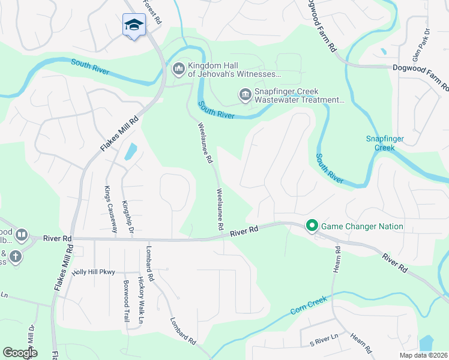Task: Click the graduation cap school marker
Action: (134, 25)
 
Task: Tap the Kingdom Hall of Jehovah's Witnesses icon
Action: (178, 70)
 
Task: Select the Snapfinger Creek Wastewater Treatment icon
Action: (244, 95)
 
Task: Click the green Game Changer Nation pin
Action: (312, 226)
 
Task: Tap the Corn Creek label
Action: (309, 305)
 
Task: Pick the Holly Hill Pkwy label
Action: (93, 272)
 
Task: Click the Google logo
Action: (20, 352)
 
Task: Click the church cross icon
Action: (15, 257)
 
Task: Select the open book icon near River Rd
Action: (22, 234)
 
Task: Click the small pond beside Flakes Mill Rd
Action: (130, 152)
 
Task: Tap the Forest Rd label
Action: (152, 12)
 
